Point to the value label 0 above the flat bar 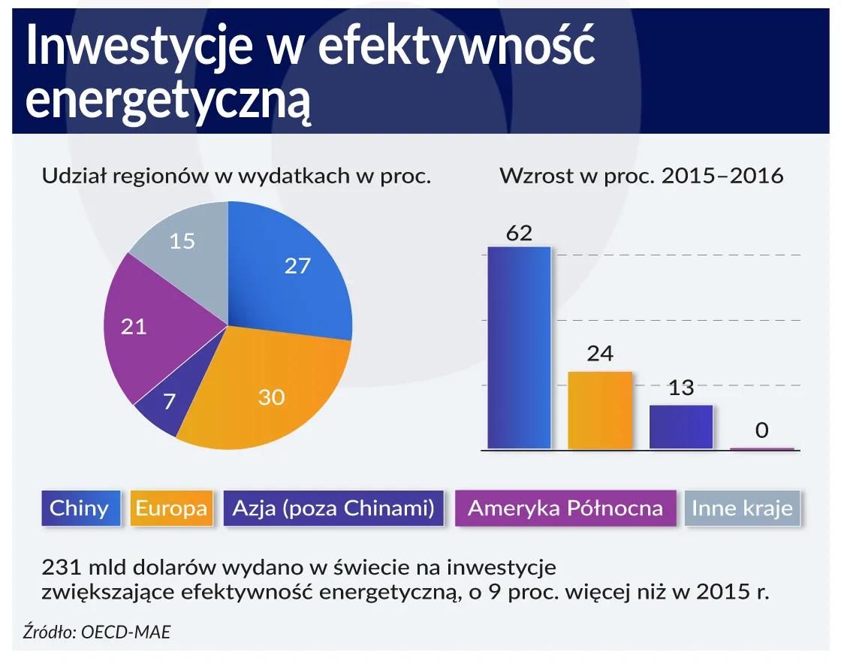pos(762,430)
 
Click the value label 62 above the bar pos(519,233)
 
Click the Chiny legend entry pos(79,509)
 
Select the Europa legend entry pos(171,509)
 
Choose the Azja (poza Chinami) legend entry pos(333,509)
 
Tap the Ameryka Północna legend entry pos(565,509)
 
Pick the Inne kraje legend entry pos(742,509)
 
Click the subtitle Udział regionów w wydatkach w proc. pos(236,177)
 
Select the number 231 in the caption pos(62,566)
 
